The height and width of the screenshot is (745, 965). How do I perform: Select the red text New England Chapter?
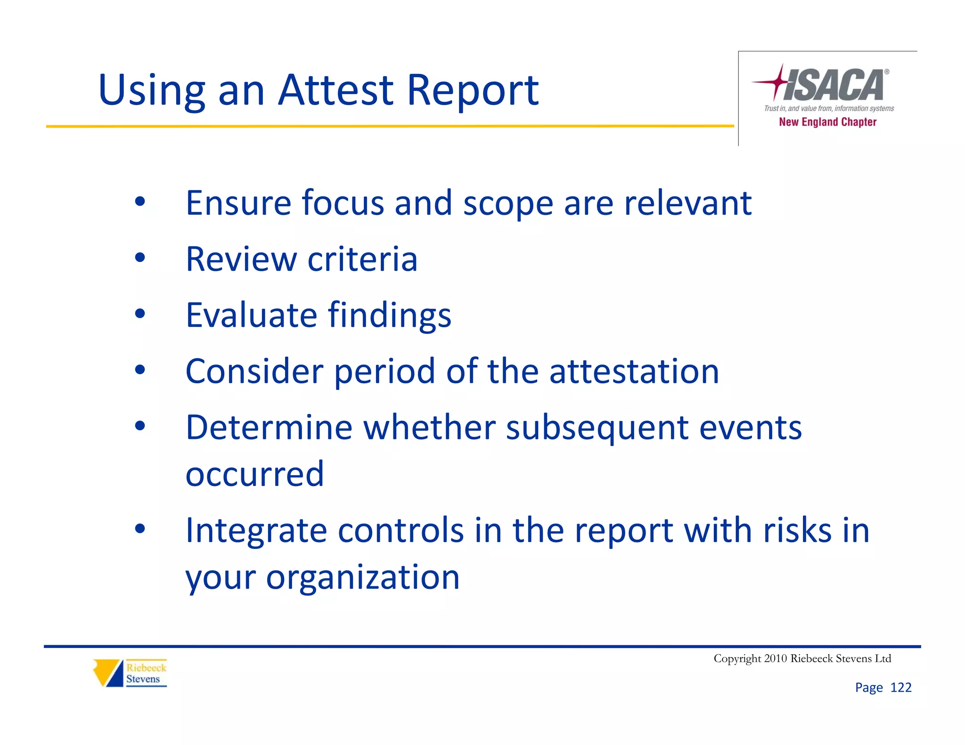point(827,122)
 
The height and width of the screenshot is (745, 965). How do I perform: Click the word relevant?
point(687,203)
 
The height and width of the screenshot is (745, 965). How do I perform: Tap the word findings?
point(389,315)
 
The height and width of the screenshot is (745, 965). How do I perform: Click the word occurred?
point(254,474)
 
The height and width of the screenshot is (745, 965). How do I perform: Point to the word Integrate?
point(256,531)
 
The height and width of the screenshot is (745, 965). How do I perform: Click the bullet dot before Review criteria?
point(140,258)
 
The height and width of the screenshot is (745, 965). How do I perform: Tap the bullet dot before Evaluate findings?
point(140,314)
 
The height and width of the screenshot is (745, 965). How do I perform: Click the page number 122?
point(900,688)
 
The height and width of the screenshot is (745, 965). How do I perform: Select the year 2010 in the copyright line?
point(775,658)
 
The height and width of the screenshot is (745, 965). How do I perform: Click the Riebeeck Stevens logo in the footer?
point(130,673)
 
